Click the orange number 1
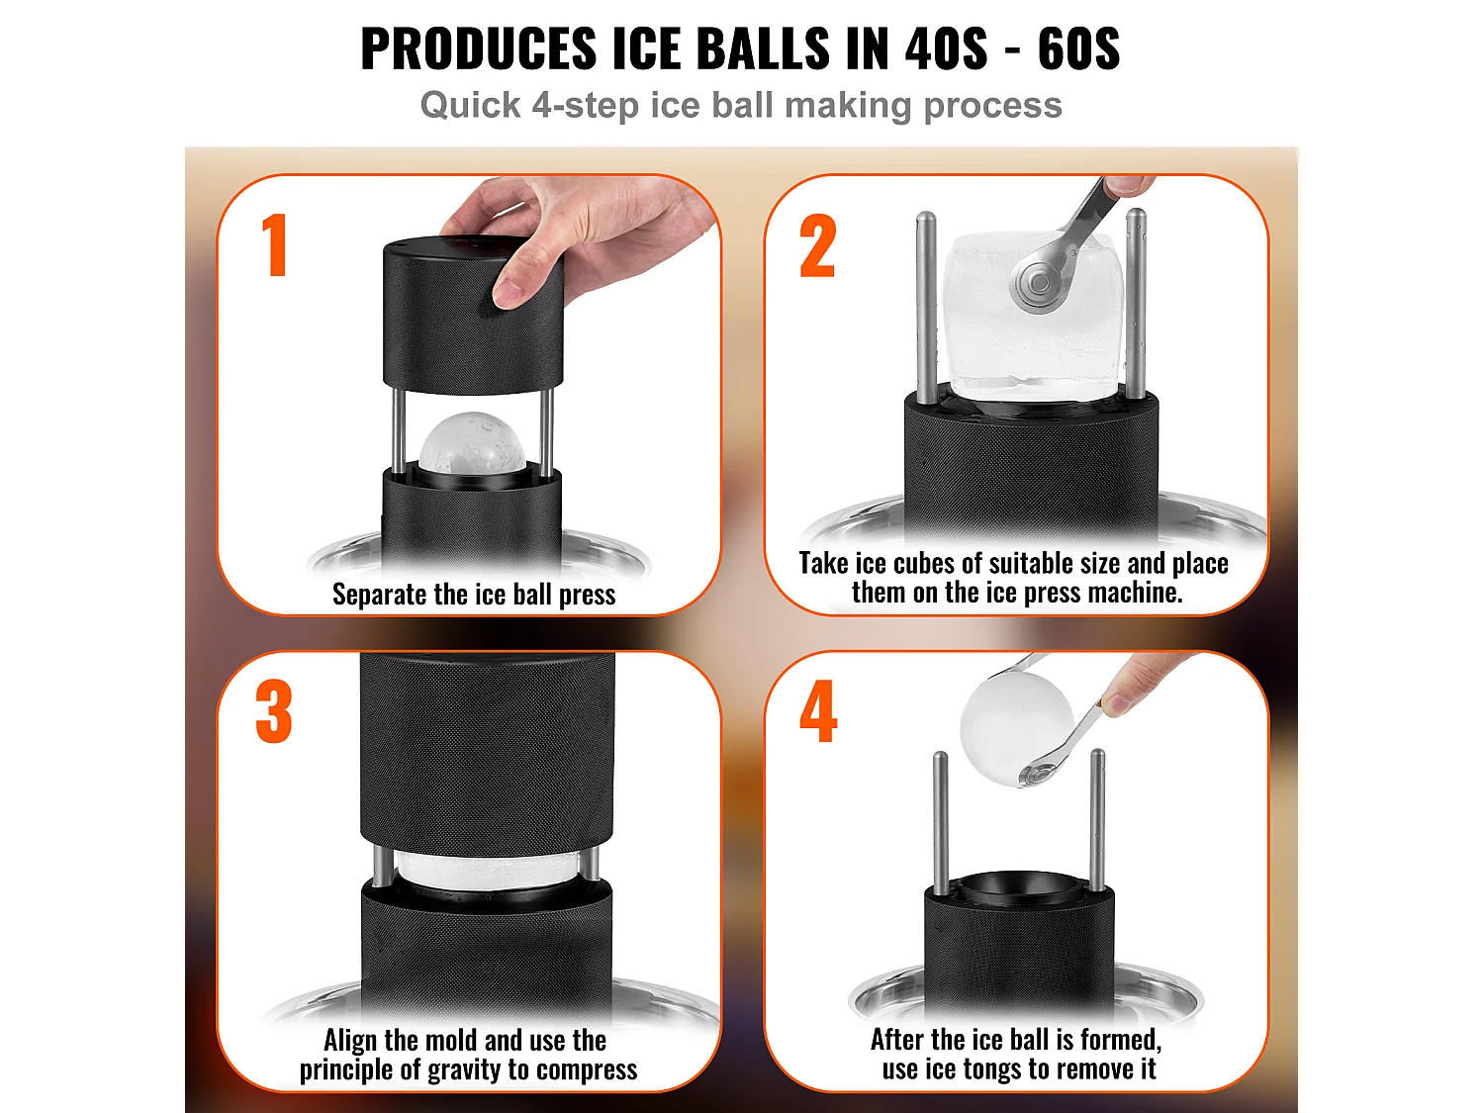[x=276, y=244]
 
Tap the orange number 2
[x=817, y=246]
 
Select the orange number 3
[x=274, y=711]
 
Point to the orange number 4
[x=818, y=711]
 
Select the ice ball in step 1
[x=471, y=442]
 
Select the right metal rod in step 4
[x=1097, y=820]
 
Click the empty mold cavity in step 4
[x=1018, y=886]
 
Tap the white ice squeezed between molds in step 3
[x=487, y=870]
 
